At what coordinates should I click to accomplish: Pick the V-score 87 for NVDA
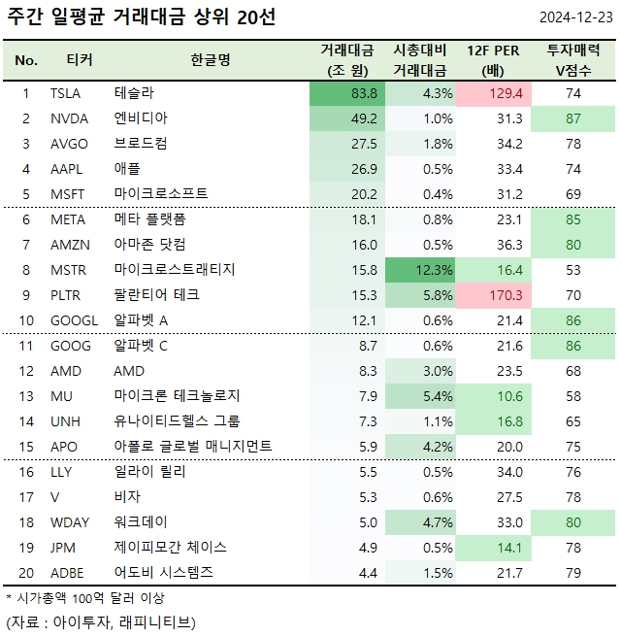pos(572,118)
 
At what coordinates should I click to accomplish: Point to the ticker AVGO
pos(69,144)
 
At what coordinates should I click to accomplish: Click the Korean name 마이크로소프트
pos(161,194)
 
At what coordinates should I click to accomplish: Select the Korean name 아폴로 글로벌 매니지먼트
pos(193,447)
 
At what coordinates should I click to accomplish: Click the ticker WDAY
pos(70,522)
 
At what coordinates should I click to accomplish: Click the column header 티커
pos(80,60)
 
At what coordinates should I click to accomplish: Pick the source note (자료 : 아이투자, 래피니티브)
pos(101,621)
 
